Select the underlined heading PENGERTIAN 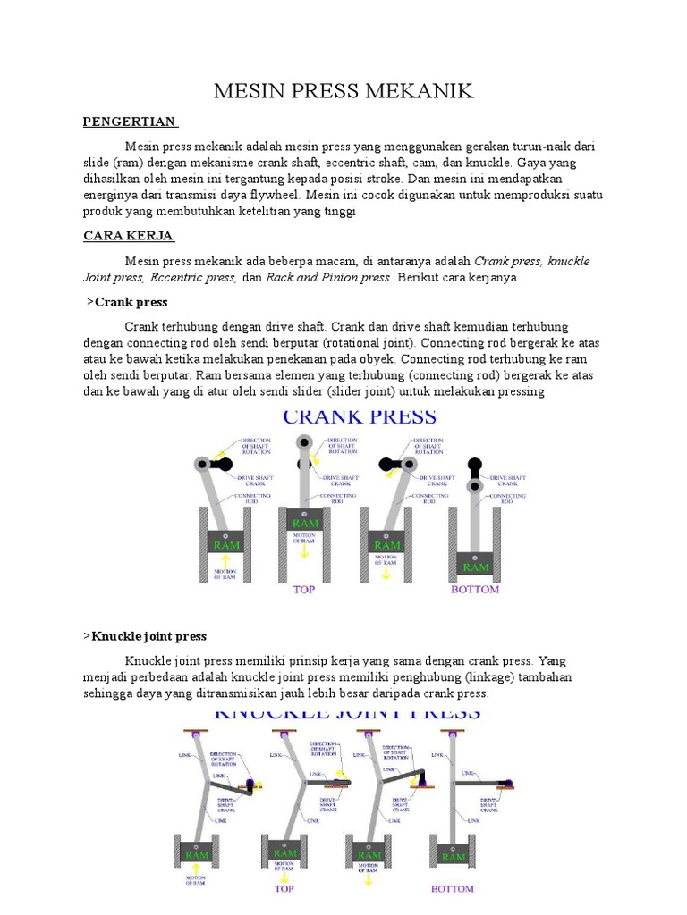pos(131,122)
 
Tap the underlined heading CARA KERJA pos(128,236)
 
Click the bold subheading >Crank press pos(127,302)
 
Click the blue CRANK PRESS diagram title pos(360,416)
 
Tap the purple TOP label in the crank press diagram pos(305,590)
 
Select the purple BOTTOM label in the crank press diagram pos(475,590)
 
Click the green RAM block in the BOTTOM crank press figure pos(475,567)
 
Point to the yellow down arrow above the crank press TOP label pos(305,551)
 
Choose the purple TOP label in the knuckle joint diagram pos(284,889)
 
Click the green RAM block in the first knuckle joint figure pos(199,855)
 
